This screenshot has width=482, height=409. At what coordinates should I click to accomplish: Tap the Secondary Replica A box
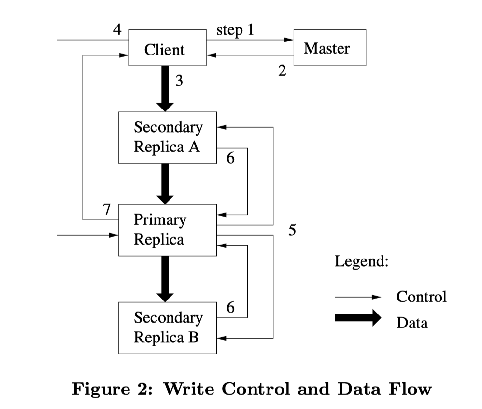coord(167,137)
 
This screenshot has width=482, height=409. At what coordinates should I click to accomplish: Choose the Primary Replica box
coord(167,230)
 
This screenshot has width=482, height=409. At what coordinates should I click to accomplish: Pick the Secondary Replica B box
coord(167,328)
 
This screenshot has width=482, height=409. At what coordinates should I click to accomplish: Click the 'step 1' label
coord(235,30)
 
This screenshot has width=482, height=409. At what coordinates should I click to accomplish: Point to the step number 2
coord(283,71)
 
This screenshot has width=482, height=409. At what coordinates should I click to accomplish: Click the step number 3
coord(179,81)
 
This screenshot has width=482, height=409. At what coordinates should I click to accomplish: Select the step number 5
coord(292,231)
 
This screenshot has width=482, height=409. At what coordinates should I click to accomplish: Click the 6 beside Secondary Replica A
coord(230,158)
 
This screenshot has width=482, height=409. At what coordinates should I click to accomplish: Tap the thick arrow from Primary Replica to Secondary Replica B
coord(165,279)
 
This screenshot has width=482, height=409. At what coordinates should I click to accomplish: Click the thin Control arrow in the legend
coord(358,298)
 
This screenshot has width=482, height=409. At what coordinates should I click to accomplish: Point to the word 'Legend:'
coord(361,262)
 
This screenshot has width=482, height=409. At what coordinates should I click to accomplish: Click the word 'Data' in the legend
coord(412,323)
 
